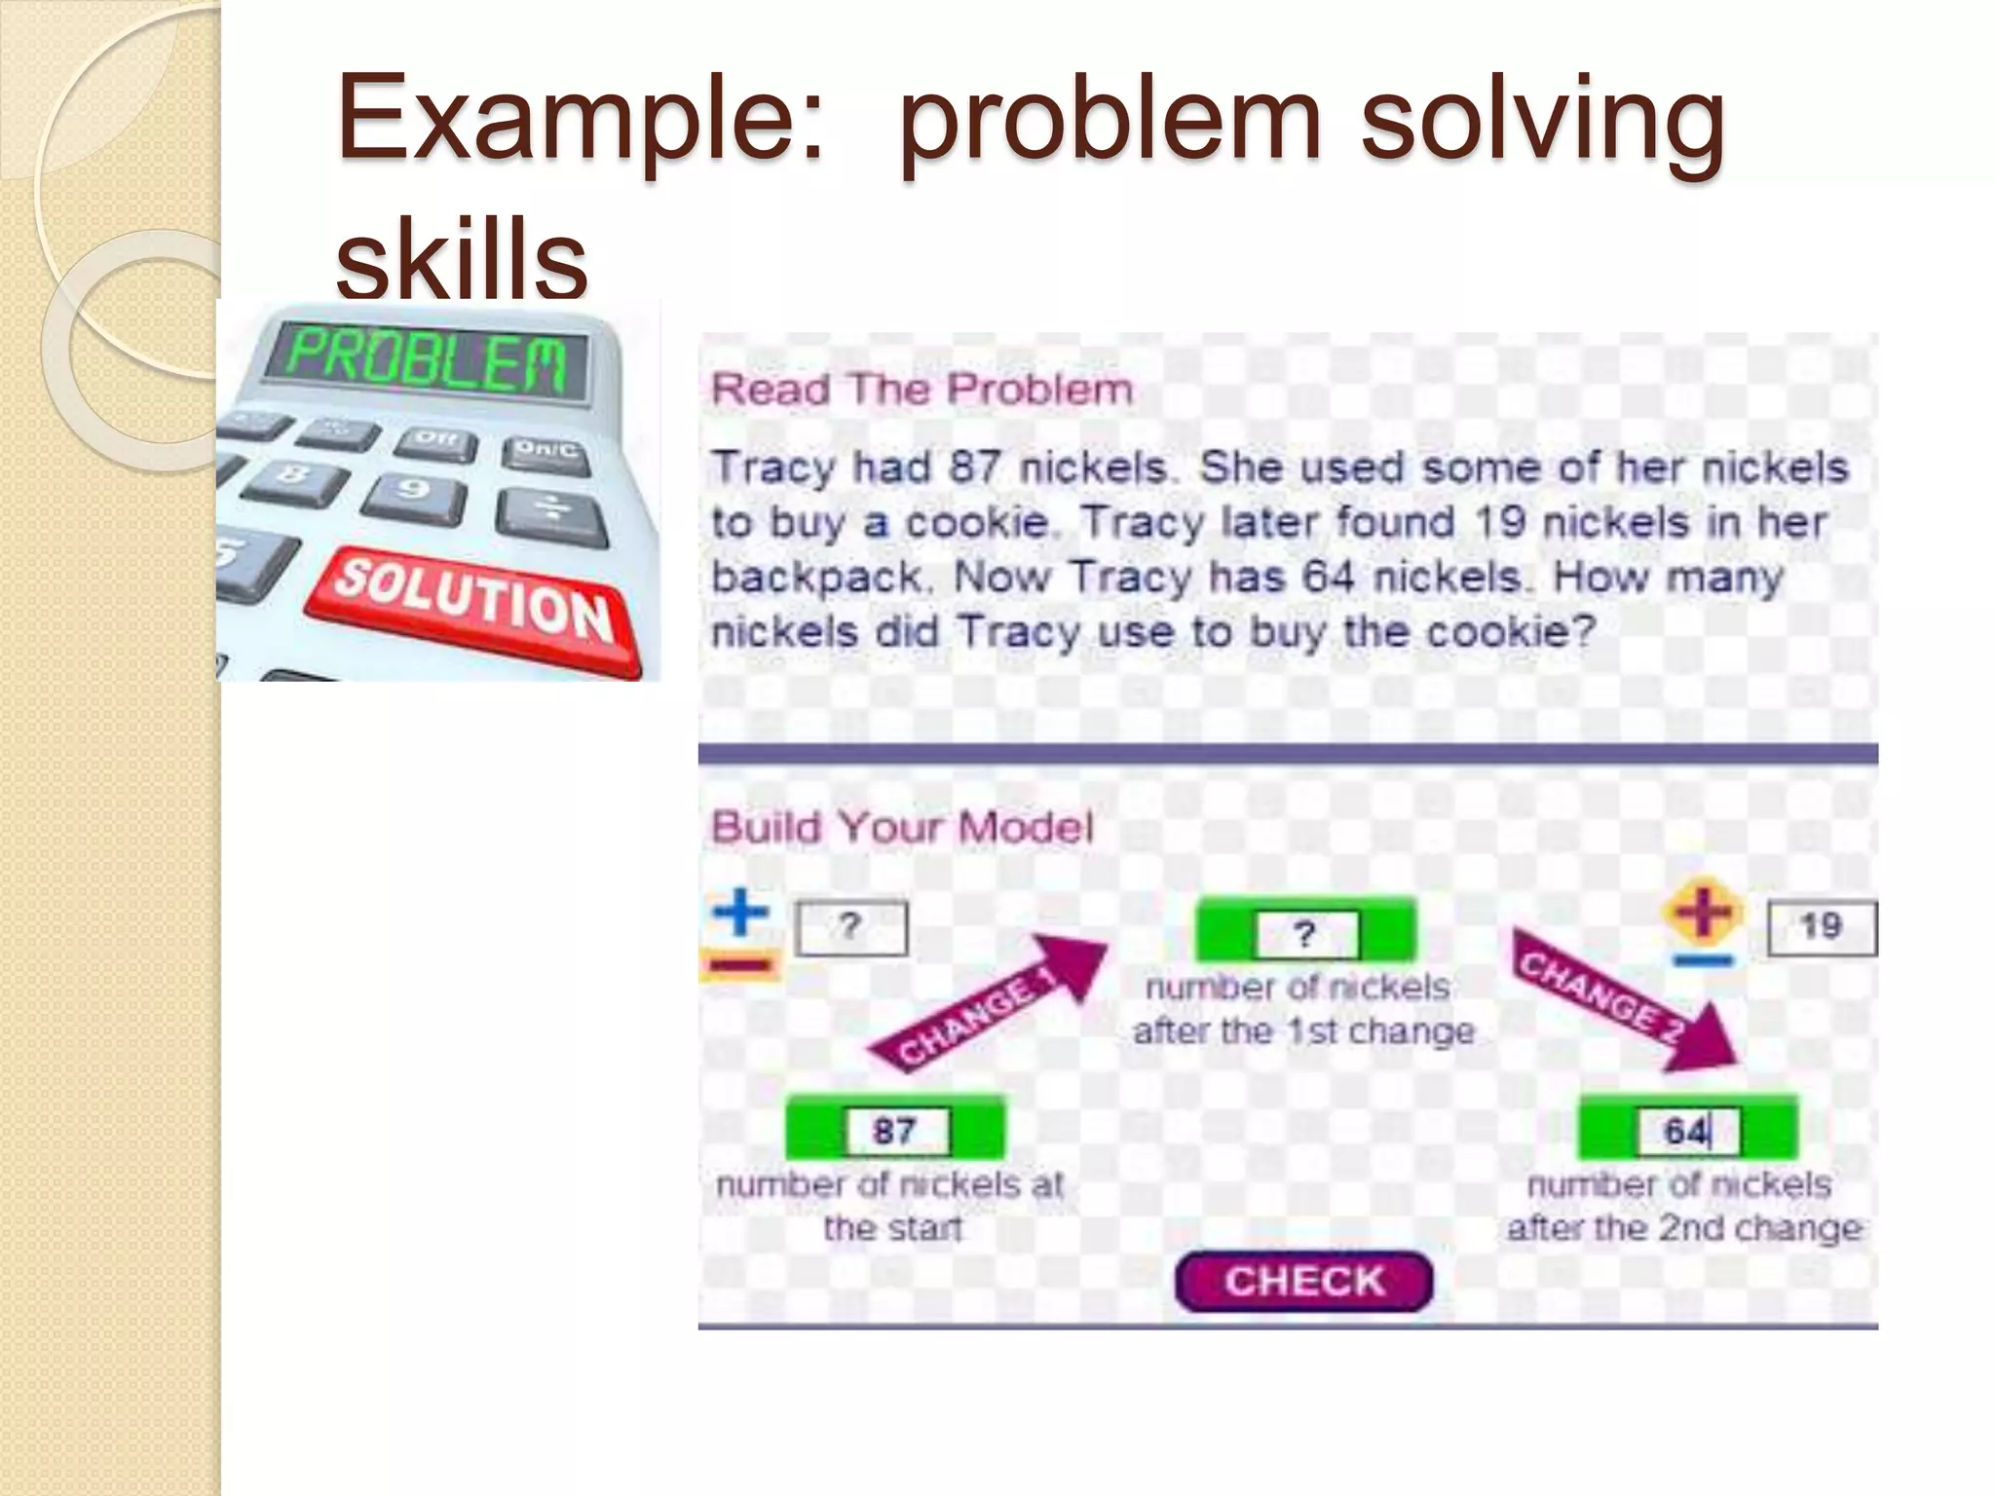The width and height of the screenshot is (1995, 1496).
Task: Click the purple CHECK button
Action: pos(1303,1281)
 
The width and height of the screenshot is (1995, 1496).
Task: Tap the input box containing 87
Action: pos(895,1131)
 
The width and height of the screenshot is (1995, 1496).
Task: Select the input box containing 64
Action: pos(1687,1131)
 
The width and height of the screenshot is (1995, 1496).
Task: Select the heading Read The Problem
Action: pos(922,390)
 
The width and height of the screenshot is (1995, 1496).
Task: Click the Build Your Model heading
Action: pos(902,827)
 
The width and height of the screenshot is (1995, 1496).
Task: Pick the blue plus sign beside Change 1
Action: pos(741,912)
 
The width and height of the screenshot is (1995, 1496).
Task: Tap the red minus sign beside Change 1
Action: pos(740,965)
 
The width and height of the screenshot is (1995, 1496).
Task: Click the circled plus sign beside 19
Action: pos(1702,912)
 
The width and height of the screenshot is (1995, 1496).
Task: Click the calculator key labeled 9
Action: pos(414,492)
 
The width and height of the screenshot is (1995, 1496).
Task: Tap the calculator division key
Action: pos(550,513)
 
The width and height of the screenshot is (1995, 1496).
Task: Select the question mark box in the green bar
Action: pos(1304,934)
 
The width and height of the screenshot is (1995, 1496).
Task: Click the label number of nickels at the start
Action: pos(890,1206)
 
